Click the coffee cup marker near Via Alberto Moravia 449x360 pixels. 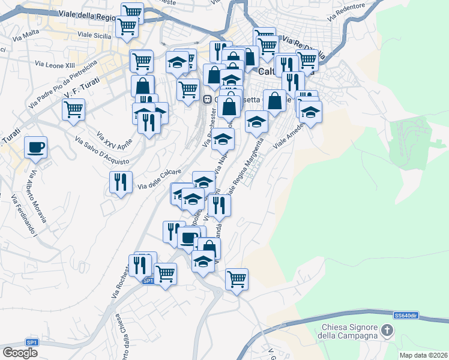pos(36,147)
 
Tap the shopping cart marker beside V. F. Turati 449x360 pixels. pos(73,109)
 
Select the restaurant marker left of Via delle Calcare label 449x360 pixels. pos(121,181)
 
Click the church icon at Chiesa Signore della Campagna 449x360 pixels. pos(388,330)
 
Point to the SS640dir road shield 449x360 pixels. pos(406,316)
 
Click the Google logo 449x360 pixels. pos(20,353)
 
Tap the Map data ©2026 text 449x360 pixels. pos(424,355)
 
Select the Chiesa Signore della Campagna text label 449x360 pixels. pos(349,331)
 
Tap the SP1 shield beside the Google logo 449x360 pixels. pos(32,343)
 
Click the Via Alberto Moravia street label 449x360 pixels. pos(38,196)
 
